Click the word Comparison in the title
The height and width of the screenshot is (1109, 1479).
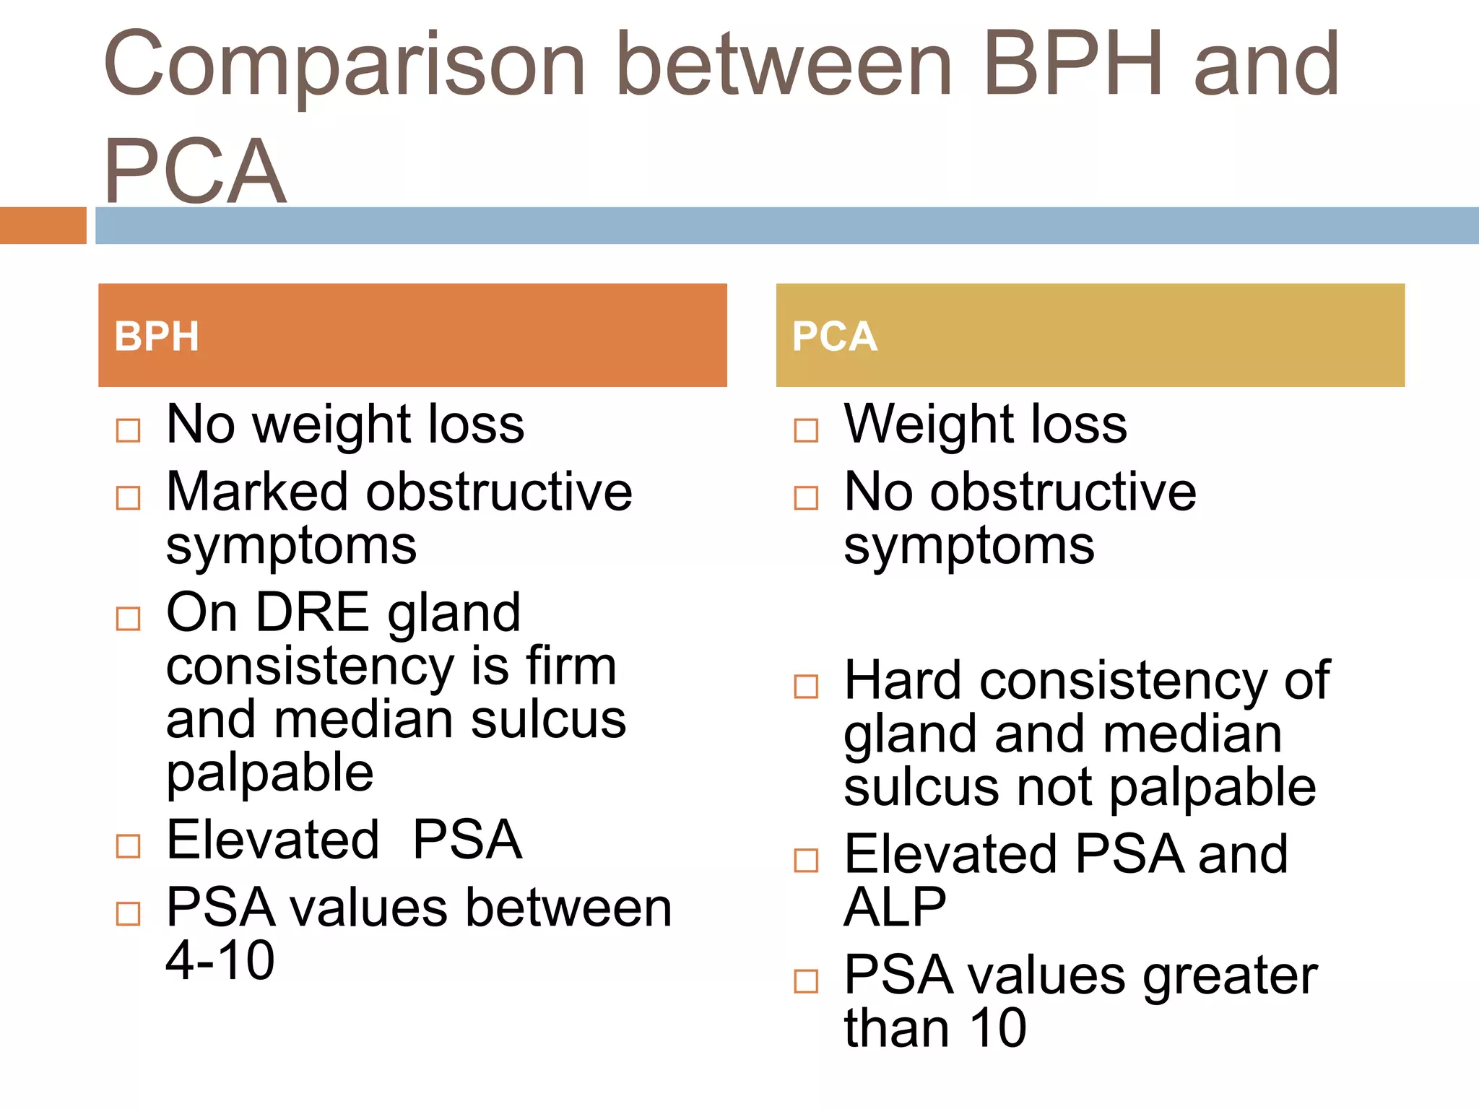(x=344, y=65)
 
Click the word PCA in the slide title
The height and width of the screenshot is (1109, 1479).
(x=195, y=172)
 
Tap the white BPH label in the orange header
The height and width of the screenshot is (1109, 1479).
(x=157, y=336)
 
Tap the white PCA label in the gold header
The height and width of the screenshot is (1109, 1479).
(x=834, y=336)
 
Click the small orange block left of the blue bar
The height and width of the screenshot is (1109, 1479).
(x=43, y=225)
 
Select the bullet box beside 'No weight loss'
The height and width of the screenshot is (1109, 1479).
(x=129, y=430)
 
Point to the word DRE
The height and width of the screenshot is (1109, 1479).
(x=313, y=613)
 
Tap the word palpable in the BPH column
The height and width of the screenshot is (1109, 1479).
(x=269, y=773)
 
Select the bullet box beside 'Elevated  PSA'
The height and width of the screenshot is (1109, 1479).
(x=129, y=845)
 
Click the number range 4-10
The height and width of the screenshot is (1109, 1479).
(x=220, y=961)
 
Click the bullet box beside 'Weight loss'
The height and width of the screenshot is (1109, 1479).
(x=806, y=430)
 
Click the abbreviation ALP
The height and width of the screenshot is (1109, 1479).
(x=895, y=908)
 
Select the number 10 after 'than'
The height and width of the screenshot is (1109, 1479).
(x=997, y=1028)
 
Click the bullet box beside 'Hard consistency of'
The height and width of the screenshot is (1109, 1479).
(x=806, y=686)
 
